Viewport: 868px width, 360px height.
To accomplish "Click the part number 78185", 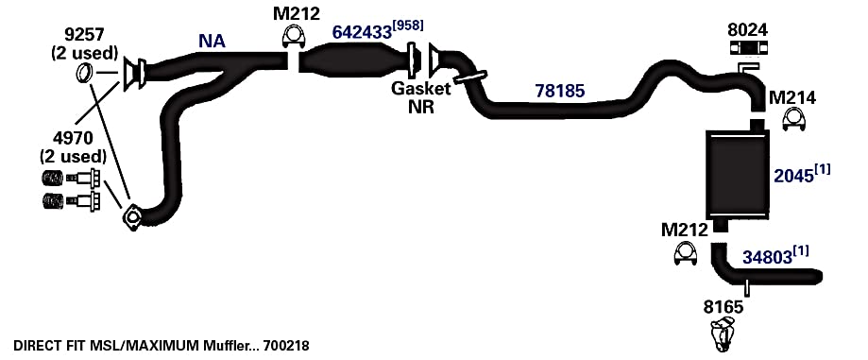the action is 560,91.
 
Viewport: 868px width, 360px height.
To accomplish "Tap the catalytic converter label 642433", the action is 362,33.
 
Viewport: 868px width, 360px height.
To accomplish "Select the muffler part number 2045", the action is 793,176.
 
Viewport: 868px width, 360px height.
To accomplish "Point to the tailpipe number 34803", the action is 767,258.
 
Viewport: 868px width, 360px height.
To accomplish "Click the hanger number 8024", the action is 748,29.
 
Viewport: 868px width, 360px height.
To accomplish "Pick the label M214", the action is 792,98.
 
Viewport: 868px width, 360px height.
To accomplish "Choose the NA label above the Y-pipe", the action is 212,41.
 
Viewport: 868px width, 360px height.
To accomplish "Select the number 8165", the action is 723,307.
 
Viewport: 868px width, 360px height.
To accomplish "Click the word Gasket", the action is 420,88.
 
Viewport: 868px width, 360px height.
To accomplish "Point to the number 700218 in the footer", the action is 287,346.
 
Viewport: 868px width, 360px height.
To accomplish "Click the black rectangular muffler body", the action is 738,173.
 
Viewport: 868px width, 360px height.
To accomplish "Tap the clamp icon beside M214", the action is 793,119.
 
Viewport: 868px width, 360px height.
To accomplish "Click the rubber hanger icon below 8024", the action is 748,48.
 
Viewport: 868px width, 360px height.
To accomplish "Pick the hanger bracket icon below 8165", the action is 723,334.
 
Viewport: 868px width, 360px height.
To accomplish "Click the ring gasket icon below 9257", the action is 84,73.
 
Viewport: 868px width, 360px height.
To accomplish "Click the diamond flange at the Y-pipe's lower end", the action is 132,217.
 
